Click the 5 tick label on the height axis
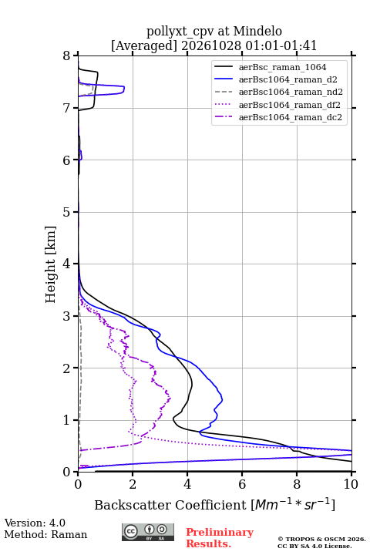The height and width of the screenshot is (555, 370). tap(67, 212)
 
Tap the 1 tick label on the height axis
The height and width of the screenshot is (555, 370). tap(67, 420)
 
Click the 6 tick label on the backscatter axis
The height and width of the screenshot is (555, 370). tap(242, 484)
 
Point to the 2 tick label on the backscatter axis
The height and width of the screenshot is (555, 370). tap(133, 484)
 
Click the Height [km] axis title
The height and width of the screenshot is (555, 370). tap(51, 264)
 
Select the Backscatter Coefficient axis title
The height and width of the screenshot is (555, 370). tap(214, 505)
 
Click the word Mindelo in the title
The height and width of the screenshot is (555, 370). tap(257, 31)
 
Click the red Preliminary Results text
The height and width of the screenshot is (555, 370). tap(220, 538)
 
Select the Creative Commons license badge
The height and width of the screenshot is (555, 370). tap(148, 532)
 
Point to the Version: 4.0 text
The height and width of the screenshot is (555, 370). tap(35, 523)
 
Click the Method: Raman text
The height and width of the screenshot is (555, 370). tap(45, 534)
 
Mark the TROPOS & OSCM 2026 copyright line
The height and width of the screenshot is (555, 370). tap(321, 540)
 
